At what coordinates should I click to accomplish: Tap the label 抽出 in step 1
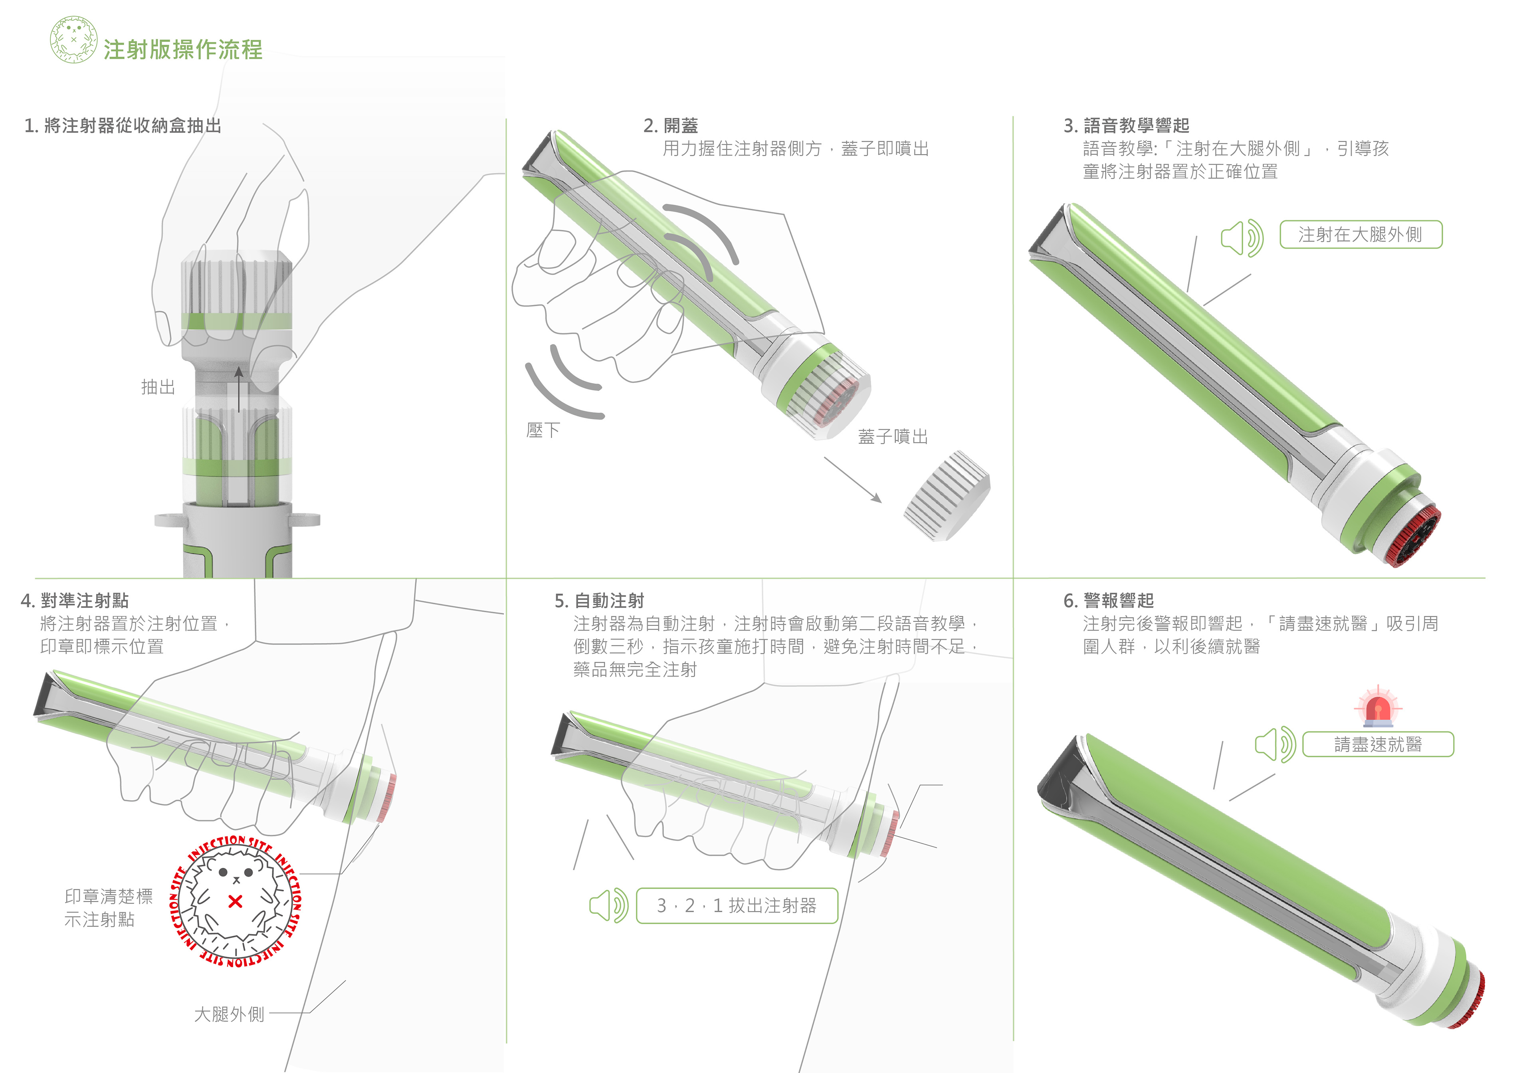pyautogui.click(x=158, y=387)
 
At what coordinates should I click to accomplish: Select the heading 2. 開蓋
pyautogui.click(x=671, y=125)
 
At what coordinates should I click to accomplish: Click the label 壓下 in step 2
pyautogui.click(x=543, y=430)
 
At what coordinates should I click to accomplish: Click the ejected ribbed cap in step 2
pyautogui.click(x=947, y=495)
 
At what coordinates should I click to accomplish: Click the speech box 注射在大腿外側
pyautogui.click(x=1361, y=235)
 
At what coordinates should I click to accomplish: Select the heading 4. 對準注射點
pyautogui.click(x=75, y=601)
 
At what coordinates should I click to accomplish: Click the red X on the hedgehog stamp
pyautogui.click(x=235, y=901)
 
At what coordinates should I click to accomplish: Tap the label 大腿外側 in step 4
pyautogui.click(x=229, y=1014)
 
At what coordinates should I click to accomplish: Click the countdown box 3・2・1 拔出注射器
pyautogui.click(x=737, y=906)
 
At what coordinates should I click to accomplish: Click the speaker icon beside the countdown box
pyautogui.click(x=608, y=905)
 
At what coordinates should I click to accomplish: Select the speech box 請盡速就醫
pyautogui.click(x=1378, y=744)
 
